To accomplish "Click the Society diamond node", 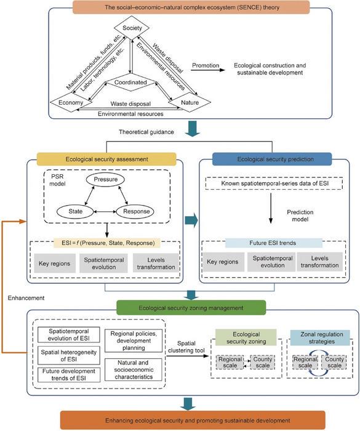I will pyautogui.click(x=129, y=28).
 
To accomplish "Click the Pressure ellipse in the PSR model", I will pyautogui.click(x=105, y=179).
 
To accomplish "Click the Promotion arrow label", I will pyautogui.click(x=206, y=64).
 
